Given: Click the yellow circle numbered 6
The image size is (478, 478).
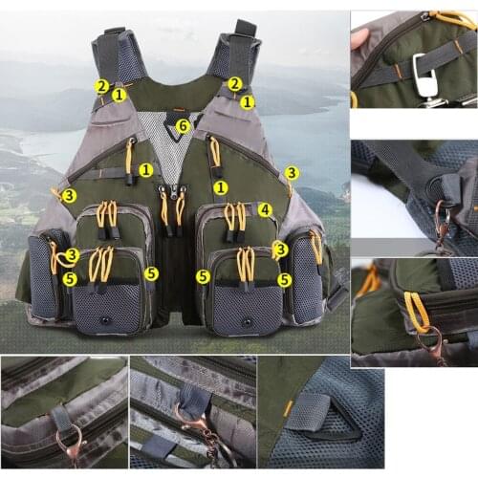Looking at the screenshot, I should click(184, 124).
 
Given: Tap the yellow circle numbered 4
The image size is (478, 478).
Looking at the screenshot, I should click(264, 209).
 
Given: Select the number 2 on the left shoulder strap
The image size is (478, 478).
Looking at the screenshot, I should click(101, 86).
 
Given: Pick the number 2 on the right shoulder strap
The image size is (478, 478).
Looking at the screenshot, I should click(234, 84).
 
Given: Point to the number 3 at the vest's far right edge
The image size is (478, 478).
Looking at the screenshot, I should click(291, 173).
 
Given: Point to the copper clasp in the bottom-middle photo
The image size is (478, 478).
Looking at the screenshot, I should click(188, 421).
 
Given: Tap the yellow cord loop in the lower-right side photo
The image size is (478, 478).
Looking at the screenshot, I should click(417, 312).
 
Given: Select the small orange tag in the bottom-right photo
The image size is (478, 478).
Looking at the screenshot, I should click(288, 408).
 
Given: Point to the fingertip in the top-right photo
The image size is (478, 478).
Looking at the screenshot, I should click(359, 38).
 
